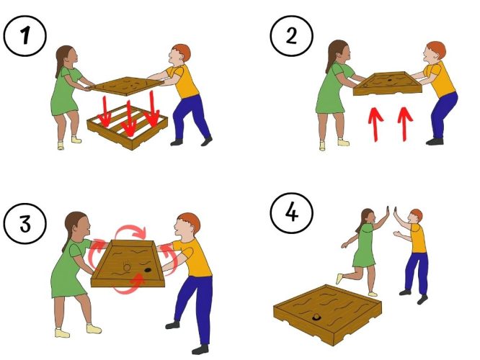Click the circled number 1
tap(25, 35)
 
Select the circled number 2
tap(291, 35)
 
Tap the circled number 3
tap(25, 224)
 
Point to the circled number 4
tap(292, 213)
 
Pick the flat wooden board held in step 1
tap(127, 86)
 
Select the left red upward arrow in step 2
tap(375, 124)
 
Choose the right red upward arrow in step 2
tap(405, 124)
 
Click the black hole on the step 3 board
tap(148, 270)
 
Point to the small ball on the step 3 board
tap(127, 268)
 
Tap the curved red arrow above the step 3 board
tap(130, 227)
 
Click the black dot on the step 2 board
tap(391, 80)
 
